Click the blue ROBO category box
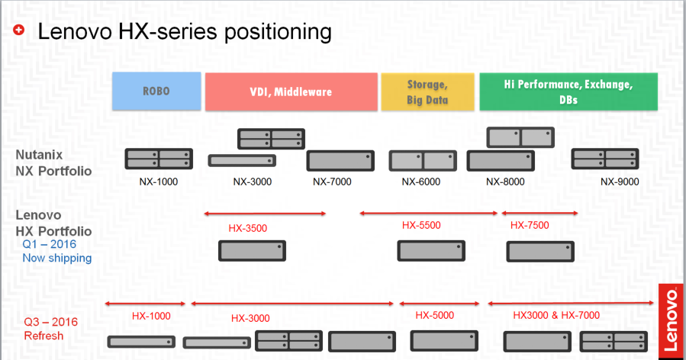[156, 91]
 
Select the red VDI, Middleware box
[291, 92]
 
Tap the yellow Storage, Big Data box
[427, 92]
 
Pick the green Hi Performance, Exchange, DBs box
[568, 92]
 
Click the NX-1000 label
[159, 182]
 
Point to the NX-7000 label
[332, 182]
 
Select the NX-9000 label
[620, 182]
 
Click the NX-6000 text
[421, 182]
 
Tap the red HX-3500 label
[248, 228]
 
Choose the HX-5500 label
[421, 225]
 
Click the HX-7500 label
[530, 225]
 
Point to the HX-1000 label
[151, 316]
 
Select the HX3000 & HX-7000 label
[556, 315]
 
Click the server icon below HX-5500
[431, 251]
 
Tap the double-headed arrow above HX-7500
[540, 213]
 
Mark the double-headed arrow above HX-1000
[145, 303]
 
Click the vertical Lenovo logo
[671, 322]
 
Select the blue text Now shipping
[57, 258]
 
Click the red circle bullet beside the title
[18, 30]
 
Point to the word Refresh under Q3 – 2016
[43, 336]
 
